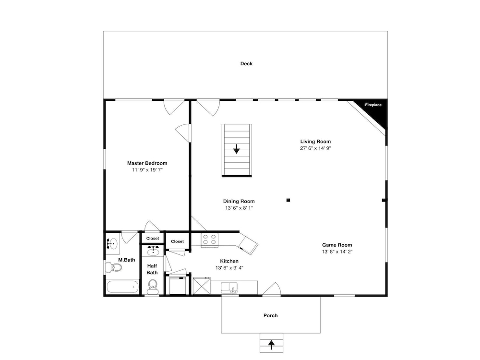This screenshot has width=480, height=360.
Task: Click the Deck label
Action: pos(246,64)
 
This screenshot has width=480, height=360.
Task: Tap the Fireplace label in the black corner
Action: pos(373,105)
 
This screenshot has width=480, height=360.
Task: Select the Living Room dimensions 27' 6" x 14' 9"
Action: pos(315,148)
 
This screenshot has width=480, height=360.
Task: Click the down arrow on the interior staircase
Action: pos(236,149)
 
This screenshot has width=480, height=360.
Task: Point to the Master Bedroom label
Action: pos(147,163)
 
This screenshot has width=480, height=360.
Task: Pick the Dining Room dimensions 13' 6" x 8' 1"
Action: pos(239,208)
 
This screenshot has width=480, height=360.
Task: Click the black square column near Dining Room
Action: pos(288,200)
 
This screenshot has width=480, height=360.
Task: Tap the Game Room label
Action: pos(337,245)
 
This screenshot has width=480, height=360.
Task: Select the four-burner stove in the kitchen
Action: pos(209,240)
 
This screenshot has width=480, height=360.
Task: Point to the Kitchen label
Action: pos(229,261)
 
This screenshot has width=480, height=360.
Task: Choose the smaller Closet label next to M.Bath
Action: pos(153,239)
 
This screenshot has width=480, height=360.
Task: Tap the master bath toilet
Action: pos(114,267)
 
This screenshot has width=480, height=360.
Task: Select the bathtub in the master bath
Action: pos(122,287)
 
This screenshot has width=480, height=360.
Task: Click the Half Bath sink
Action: pos(153,252)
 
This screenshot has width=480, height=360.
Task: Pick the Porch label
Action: pos(271,316)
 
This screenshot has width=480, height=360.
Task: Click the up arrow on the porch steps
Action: pos(271,345)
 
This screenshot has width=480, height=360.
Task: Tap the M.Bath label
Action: pos(127,260)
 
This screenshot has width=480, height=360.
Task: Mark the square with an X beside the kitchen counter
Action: pos(202,286)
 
